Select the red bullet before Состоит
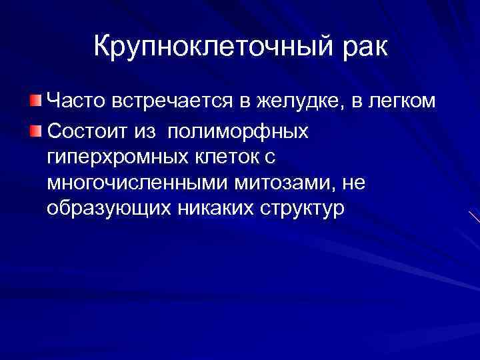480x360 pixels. point(35,129)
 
